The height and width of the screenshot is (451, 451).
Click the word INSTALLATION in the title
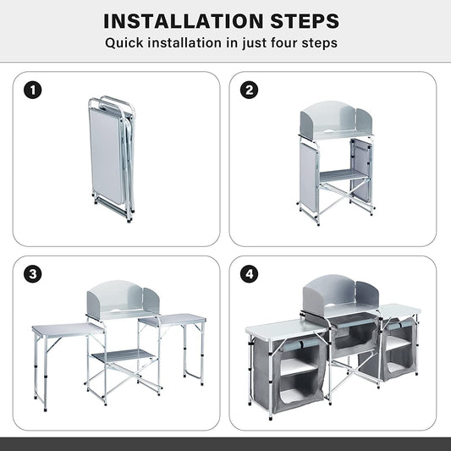(184, 21)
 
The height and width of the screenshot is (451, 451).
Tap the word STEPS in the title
(305, 21)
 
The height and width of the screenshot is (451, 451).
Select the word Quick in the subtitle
(124, 43)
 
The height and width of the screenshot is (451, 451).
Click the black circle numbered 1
(32, 90)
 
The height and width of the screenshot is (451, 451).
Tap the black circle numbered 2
(249, 90)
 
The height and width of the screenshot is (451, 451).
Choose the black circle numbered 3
(32, 274)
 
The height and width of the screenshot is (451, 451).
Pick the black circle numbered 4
(249, 274)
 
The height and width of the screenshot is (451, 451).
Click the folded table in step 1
(112, 158)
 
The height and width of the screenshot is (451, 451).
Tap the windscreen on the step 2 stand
(336, 119)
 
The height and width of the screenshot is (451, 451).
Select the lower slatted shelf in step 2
(344, 176)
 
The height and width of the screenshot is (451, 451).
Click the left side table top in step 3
(68, 329)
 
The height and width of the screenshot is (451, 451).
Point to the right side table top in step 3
(172, 319)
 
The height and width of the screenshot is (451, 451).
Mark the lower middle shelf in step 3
(124, 356)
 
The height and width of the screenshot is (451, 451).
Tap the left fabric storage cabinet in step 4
(290, 374)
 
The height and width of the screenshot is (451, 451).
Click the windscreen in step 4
(341, 294)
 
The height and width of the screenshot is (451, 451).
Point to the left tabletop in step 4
(285, 330)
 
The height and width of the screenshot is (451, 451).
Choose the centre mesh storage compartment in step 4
(355, 331)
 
